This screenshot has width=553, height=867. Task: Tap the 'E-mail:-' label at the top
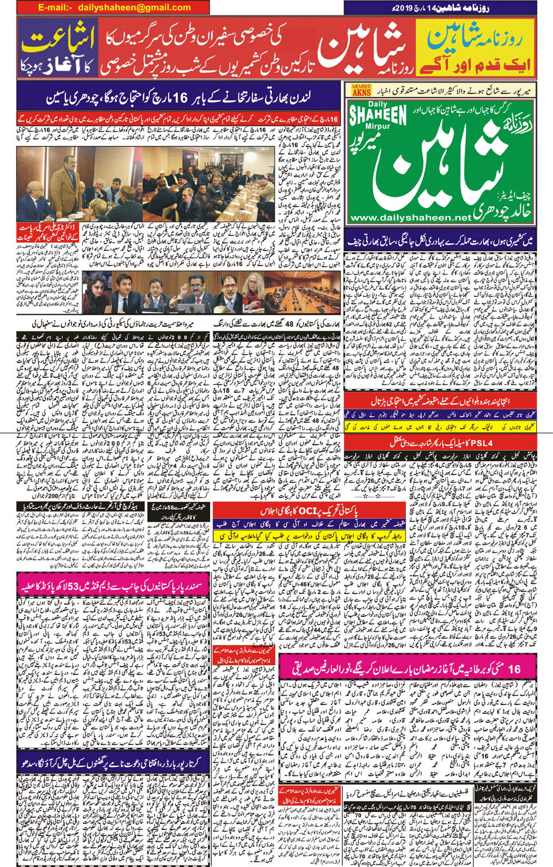(56, 7)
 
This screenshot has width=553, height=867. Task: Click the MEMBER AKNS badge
(361, 90)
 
